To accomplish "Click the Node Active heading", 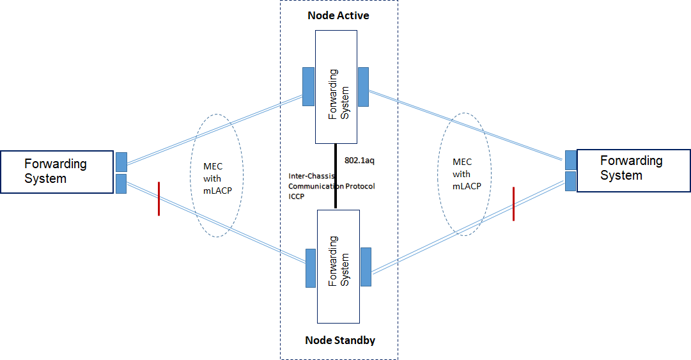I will pos(338,15).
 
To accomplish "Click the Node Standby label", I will pos(339,340).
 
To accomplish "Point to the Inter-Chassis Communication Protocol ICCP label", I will pos(331,186).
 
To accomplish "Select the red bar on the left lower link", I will pos(158,199).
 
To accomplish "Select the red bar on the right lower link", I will pos(513,204).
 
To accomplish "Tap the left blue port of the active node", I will pos(308,86).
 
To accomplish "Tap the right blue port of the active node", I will pos(364,86).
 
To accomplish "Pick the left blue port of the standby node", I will pos(311,267).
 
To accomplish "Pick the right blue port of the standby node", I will pos(366,267).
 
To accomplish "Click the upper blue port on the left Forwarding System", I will pos(121,162).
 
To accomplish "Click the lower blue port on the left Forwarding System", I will pos(121,184).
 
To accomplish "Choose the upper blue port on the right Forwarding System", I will pos(571,160).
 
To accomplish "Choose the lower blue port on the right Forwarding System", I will pos(571,181).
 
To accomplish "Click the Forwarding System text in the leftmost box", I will pos(55,171).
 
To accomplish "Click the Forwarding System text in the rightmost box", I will pos(631,168).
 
